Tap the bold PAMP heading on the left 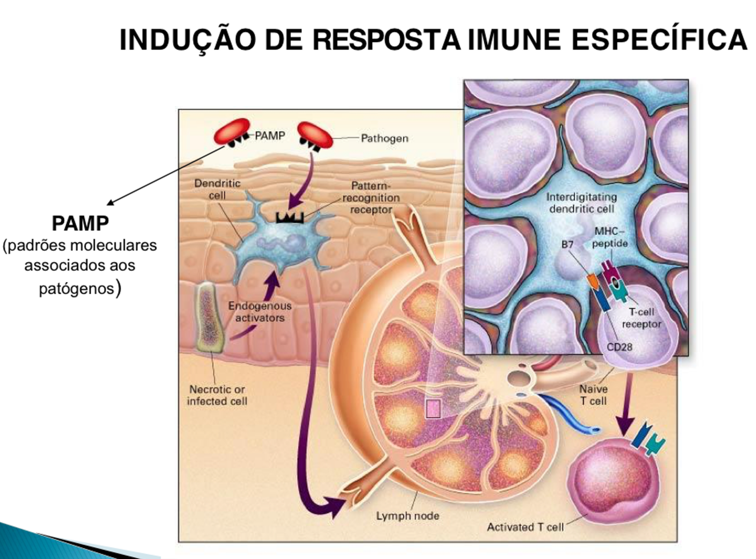point(80,224)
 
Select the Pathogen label point(384,138)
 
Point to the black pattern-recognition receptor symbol point(290,217)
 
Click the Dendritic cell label point(217,189)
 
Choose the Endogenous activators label point(260,312)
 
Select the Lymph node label point(407,516)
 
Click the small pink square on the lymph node point(433,408)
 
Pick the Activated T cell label point(525,527)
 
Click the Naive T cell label point(593,395)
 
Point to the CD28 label point(619,347)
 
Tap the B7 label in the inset point(567,245)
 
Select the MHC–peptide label point(610,237)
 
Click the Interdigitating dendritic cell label point(581,203)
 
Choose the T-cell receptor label point(641,318)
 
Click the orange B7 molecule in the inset point(593,282)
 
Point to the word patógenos point(77,289)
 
